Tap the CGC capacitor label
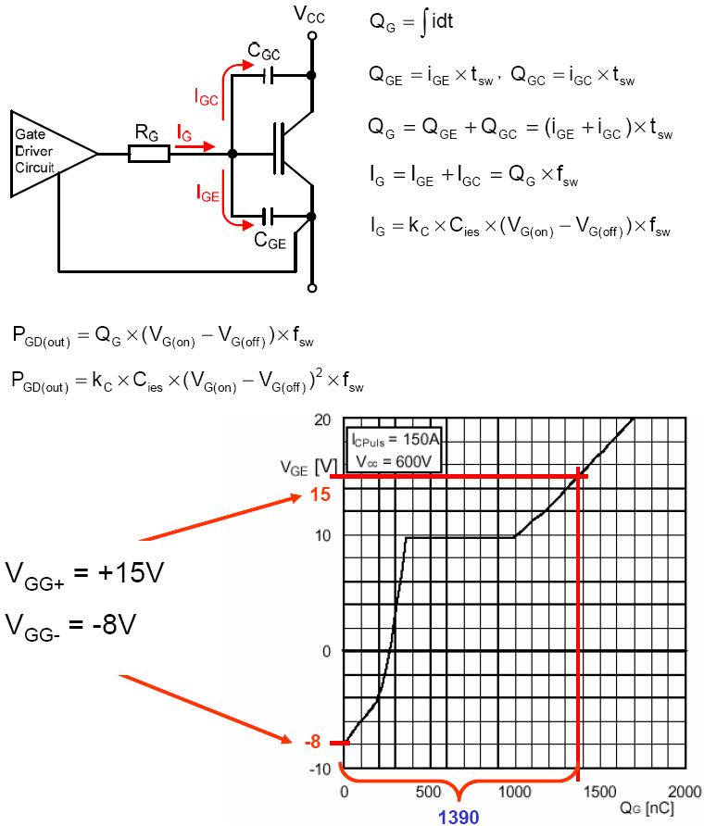click(x=267, y=51)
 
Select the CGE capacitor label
click(x=270, y=243)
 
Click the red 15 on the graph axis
click(x=321, y=495)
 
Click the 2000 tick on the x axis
click(x=684, y=792)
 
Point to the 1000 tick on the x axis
click(x=514, y=792)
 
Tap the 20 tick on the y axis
click(x=322, y=419)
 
